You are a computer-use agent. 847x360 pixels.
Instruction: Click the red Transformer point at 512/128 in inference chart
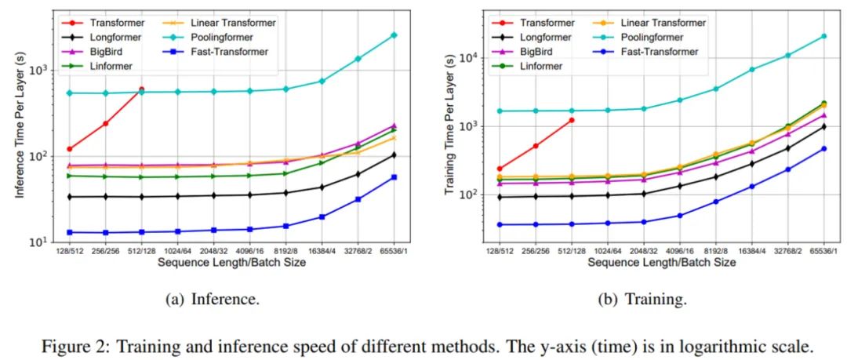click(141, 89)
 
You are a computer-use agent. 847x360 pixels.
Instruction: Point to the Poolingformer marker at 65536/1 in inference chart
click(394, 35)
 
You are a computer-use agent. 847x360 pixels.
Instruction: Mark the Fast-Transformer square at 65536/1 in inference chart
click(394, 177)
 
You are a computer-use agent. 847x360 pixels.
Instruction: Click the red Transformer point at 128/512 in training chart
click(499, 169)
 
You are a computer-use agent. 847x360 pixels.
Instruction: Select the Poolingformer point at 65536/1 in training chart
click(823, 36)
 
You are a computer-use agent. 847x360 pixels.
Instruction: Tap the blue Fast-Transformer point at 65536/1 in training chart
click(823, 148)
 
